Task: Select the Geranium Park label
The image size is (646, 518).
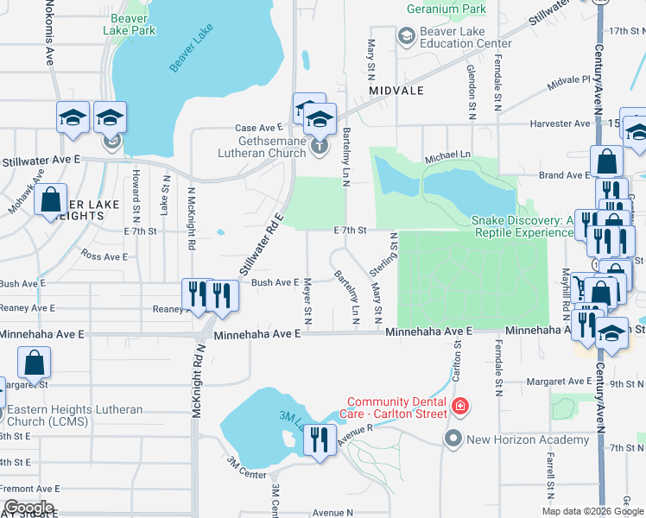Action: tap(446, 9)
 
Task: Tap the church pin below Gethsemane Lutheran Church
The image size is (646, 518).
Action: tap(320, 146)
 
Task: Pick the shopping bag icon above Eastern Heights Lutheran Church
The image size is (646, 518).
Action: tap(34, 363)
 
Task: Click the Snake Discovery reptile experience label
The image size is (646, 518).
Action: tap(522, 226)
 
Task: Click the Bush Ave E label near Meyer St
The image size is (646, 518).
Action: tap(275, 282)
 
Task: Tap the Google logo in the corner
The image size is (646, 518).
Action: tap(28, 508)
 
